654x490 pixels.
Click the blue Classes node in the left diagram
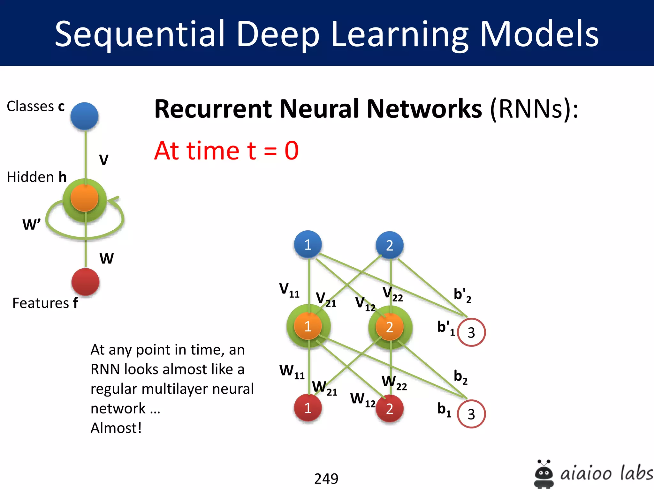point(84,116)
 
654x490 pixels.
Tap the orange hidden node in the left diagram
point(84,198)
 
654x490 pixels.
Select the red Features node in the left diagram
point(85,282)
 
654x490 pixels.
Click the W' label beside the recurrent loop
point(31,224)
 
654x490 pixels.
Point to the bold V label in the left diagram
point(104,160)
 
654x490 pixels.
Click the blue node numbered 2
point(389,245)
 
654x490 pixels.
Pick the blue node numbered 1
point(308,245)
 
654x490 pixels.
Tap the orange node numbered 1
point(308,326)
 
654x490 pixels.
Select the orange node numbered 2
point(389,327)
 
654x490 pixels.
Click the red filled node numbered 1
point(308,408)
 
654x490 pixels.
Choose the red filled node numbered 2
point(389,409)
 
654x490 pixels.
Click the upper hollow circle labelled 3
point(471,332)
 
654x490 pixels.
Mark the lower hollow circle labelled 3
point(471,414)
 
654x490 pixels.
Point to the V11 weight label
point(289,290)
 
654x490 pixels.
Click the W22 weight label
point(394,382)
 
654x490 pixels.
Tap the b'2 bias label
point(462,295)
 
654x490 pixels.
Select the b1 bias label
point(444,410)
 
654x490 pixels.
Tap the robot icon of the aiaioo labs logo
point(544,474)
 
